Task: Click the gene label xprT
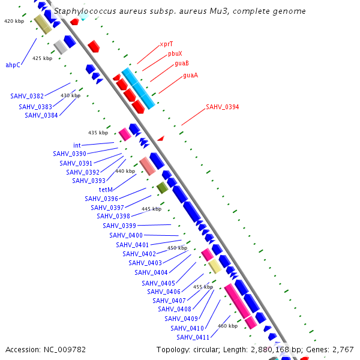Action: tap(166, 44)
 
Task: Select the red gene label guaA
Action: tap(190, 75)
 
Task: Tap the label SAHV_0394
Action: tap(222, 107)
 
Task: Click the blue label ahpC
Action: tap(13, 65)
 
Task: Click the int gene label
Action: tap(77, 145)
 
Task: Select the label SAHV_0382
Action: tap(27, 96)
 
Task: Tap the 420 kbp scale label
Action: tap(14, 21)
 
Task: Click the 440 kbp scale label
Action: tap(125, 171)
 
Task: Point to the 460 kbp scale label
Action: tap(228, 326)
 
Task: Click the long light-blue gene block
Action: tap(138, 88)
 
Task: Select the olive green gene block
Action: tap(162, 188)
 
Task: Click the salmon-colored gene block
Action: tap(148, 166)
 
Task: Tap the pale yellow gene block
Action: tap(215, 266)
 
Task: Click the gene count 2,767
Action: tap(342, 349)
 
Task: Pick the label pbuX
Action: tap(175, 53)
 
